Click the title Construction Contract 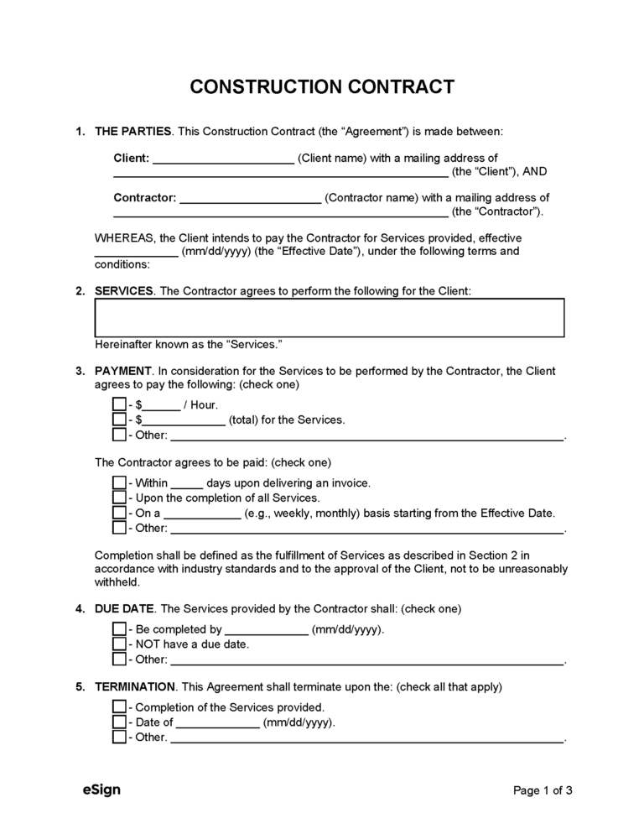[322, 87]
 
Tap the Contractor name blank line [250, 199]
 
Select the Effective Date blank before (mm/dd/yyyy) [135, 252]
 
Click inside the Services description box [329, 318]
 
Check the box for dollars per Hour [119, 404]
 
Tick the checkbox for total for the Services [119, 420]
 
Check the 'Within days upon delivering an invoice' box [119, 483]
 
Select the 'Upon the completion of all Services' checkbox [119, 498]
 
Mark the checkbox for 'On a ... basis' [119, 513]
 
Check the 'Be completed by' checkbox [119, 629]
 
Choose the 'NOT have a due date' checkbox [119, 644]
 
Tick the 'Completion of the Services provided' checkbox [119, 707]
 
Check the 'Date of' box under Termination [119, 722]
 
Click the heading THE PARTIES [133, 132]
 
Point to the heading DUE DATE [123, 608]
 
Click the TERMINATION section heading [135, 686]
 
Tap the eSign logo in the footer [100, 790]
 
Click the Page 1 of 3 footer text [543, 790]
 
